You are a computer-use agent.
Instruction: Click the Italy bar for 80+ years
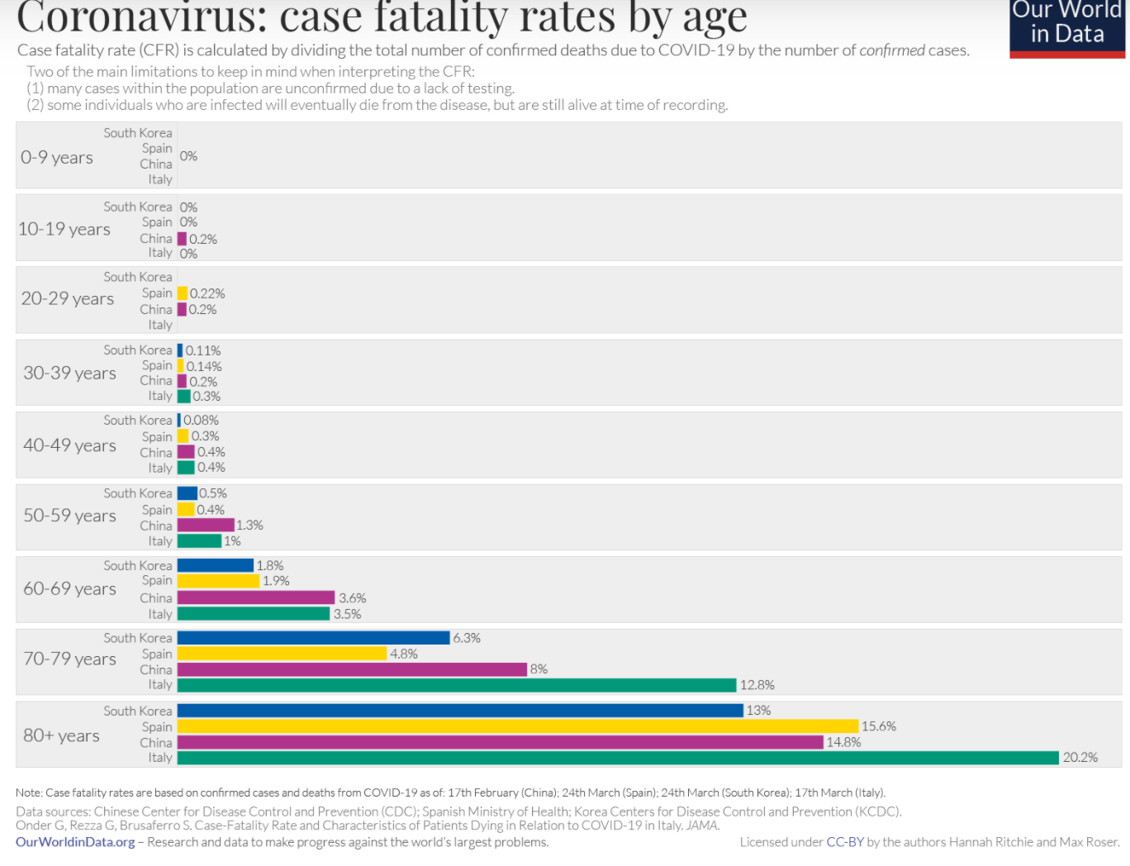coord(617,758)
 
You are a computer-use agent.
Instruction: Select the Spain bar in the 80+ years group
coord(518,726)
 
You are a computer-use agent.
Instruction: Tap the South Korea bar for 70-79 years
coord(313,638)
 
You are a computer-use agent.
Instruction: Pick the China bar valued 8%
coord(352,669)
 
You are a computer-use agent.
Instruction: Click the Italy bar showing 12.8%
coord(456,685)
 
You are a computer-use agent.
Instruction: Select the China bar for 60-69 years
coord(256,597)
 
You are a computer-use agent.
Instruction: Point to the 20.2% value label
coord(1080,758)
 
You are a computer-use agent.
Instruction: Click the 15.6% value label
coord(878,726)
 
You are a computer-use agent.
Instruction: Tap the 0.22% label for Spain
coord(207,293)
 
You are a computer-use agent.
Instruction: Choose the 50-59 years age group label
coord(69,516)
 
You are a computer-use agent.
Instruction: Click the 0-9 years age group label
coord(57,157)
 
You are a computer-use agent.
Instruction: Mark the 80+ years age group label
coord(61,735)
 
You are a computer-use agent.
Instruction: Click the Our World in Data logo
coord(1067,25)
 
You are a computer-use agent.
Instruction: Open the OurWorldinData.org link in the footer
coord(75,842)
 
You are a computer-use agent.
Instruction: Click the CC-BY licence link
coord(844,842)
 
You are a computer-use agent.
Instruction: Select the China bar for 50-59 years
coord(206,526)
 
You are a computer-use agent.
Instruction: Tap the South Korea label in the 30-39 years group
coord(137,350)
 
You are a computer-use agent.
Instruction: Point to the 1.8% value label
coord(270,566)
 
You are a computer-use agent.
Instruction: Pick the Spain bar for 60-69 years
coord(218,581)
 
